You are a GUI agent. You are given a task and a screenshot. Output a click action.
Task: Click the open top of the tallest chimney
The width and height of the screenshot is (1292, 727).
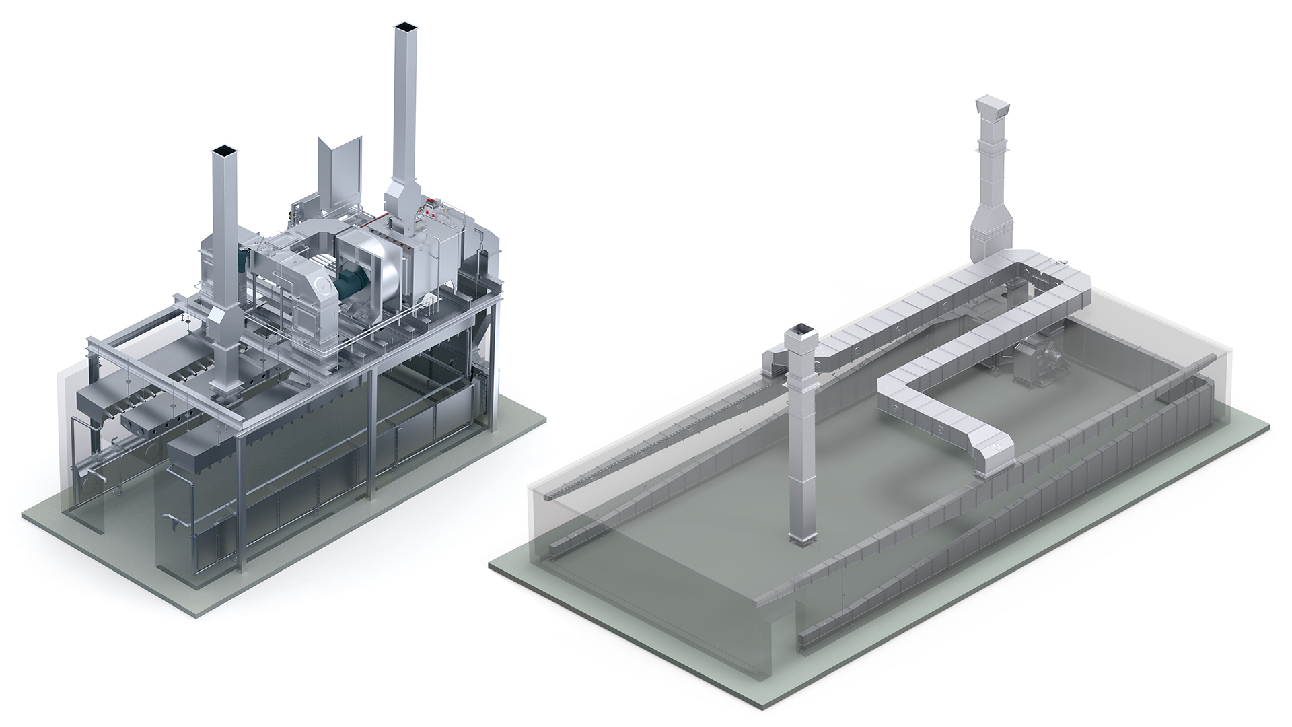tap(406, 28)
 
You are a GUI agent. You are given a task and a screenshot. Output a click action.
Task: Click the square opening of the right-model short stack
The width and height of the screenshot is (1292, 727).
tap(800, 328)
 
